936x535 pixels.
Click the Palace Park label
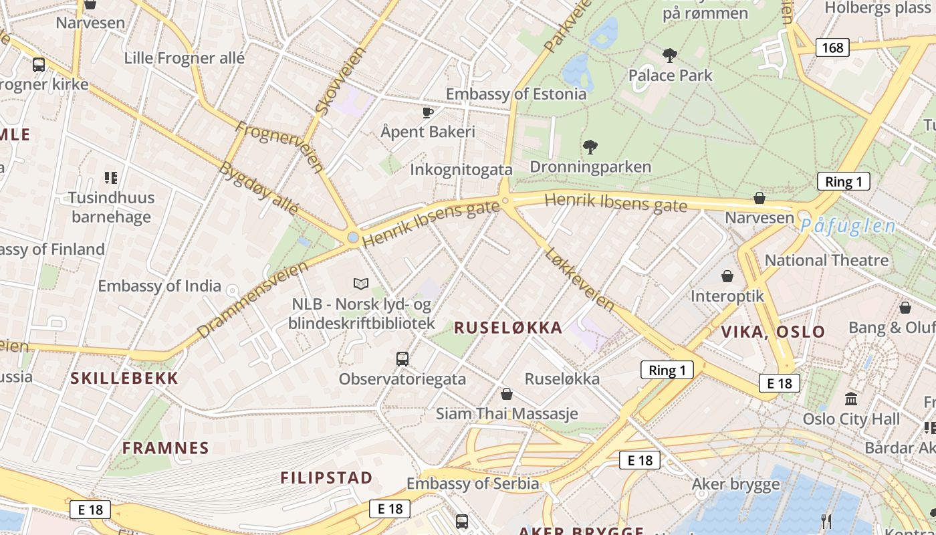pyautogui.click(x=671, y=75)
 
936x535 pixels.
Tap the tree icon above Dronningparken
pyautogui.click(x=590, y=146)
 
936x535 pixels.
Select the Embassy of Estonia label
pyautogui.click(x=516, y=94)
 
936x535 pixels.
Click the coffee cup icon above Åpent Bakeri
pyautogui.click(x=428, y=112)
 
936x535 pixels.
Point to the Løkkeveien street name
pyautogui.click(x=580, y=279)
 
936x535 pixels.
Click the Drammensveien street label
pyautogui.click(x=253, y=299)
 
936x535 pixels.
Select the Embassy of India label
pyautogui.click(x=159, y=286)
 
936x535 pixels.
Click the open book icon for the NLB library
pyautogui.click(x=361, y=284)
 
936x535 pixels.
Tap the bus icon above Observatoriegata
pyautogui.click(x=402, y=359)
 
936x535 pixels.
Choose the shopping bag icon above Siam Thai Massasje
pyautogui.click(x=507, y=394)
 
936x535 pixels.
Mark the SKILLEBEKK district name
pyautogui.click(x=125, y=378)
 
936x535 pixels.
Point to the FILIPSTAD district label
pyautogui.click(x=326, y=477)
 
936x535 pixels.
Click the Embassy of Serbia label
pyautogui.click(x=473, y=483)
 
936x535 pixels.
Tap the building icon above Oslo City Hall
pyautogui.click(x=851, y=399)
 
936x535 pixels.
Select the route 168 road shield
pyautogui.click(x=832, y=47)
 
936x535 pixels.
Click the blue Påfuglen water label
pyautogui.click(x=848, y=226)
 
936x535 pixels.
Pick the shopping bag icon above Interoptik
pyautogui.click(x=727, y=276)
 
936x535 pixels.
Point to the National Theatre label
pyautogui.click(x=826, y=260)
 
